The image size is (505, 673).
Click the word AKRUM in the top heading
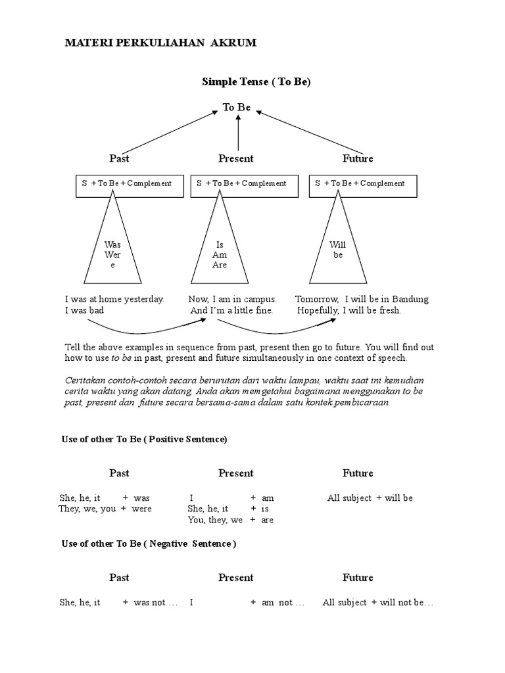click(233, 43)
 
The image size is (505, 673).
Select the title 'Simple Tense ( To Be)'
click(255, 81)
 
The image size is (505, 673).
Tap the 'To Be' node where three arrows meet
click(237, 107)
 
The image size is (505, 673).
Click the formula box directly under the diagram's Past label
click(127, 184)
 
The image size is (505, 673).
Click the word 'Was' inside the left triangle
click(113, 244)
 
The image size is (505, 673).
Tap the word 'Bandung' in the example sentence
click(410, 299)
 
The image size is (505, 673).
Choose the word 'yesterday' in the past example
click(144, 299)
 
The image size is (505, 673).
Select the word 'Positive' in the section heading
click(168, 440)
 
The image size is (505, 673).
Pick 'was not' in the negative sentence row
click(149, 603)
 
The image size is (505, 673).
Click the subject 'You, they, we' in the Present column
click(215, 520)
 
